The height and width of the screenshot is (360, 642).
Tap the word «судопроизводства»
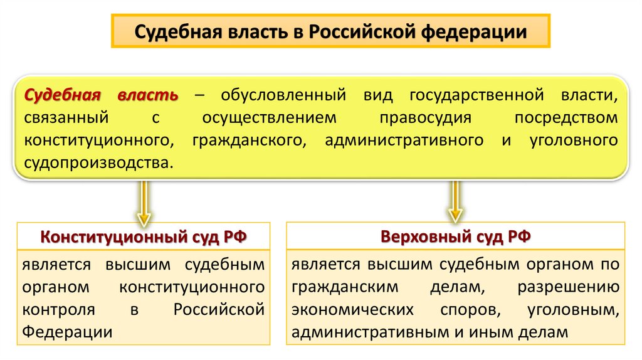point(96,162)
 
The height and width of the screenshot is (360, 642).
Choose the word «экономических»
point(352,310)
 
